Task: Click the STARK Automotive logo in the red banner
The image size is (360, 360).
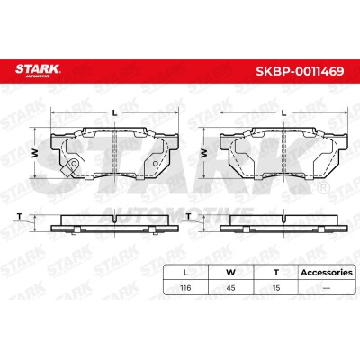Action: coord(38,71)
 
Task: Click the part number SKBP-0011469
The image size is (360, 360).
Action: coord(300,71)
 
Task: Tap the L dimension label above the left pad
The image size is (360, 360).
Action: coord(114,112)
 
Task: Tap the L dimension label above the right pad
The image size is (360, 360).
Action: coord(283,112)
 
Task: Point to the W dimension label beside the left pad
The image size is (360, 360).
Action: coord(35,153)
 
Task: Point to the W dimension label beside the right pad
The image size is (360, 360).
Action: coord(204,153)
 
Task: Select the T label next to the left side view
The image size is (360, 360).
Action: coord(20,216)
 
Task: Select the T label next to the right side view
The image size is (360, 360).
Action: coord(188,216)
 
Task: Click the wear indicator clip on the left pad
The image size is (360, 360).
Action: coord(70,167)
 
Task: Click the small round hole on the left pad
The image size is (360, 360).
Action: coord(155,164)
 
